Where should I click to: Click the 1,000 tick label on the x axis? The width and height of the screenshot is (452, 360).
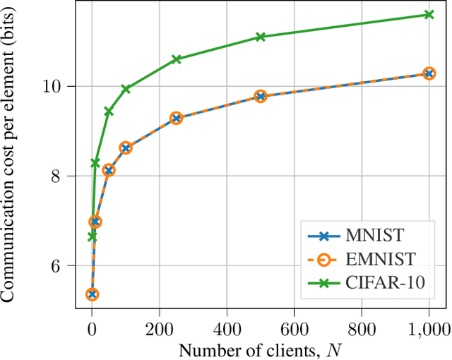429,328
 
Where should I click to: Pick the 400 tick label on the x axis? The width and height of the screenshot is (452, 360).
227,328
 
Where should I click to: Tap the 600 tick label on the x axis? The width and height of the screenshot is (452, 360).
295,328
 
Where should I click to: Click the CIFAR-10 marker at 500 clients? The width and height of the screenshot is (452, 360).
260,37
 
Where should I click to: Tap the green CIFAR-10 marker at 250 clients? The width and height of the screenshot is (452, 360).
177,59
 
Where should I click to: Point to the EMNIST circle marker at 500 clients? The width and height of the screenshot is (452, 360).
260,97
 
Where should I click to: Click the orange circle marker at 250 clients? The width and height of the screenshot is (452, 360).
177,118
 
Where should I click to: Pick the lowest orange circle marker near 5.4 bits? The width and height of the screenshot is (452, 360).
92,294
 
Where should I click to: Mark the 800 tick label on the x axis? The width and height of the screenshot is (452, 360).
362,328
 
